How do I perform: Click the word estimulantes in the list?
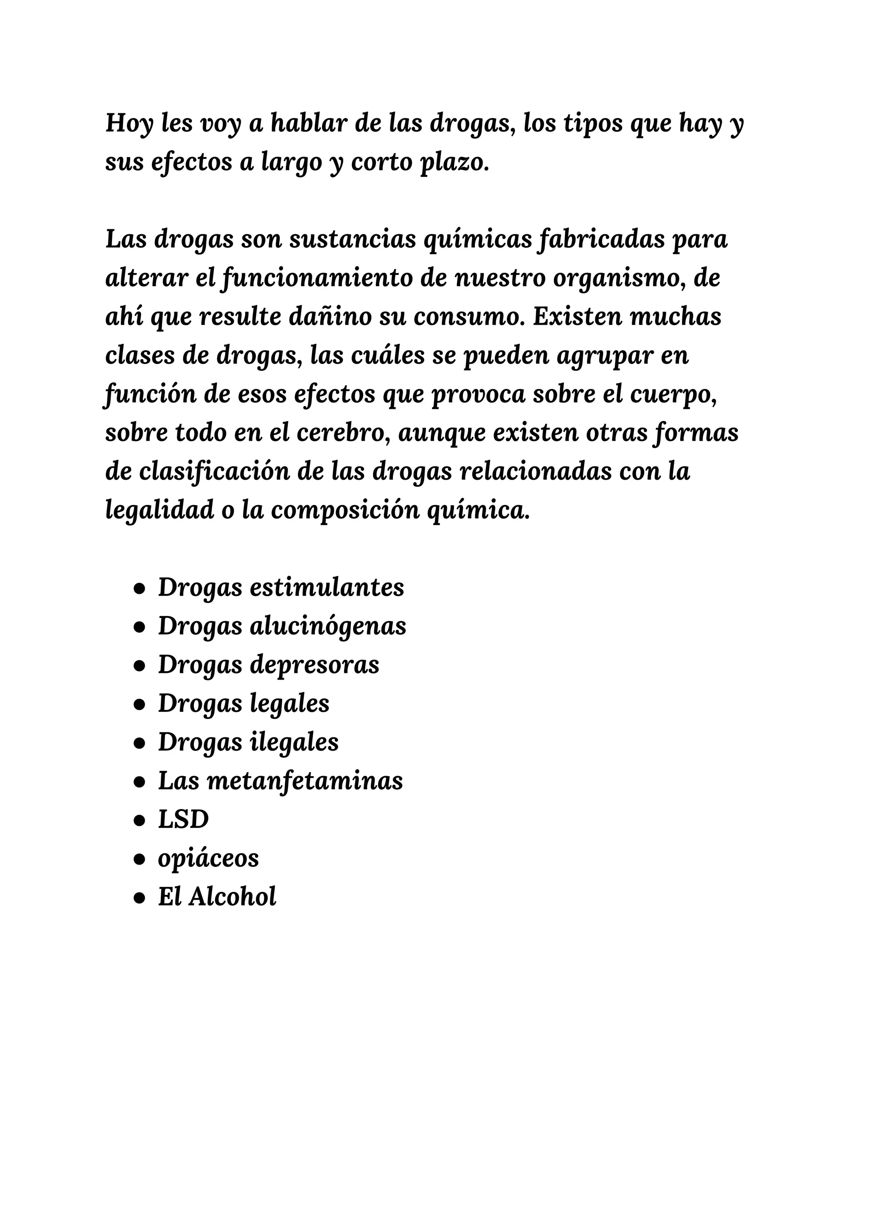click(327, 587)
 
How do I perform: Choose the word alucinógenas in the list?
click(328, 626)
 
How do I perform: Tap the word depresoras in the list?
click(315, 664)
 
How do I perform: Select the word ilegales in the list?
click(294, 742)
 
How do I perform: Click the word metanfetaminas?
click(305, 780)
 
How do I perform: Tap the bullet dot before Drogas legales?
click(140, 704)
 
